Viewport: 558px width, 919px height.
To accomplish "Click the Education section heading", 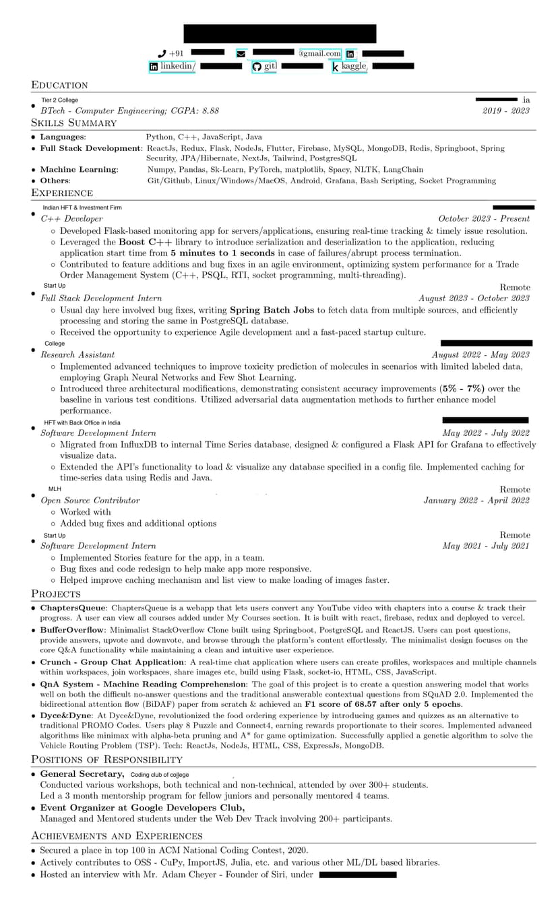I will pyautogui.click(x=59, y=85).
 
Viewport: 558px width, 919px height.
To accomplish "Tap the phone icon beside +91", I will pyautogui.click(x=161, y=53).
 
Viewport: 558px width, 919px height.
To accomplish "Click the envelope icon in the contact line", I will pyautogui.click(x=241, y=53).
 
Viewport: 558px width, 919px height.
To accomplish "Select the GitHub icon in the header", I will pyautogui.click(x=256, y=66).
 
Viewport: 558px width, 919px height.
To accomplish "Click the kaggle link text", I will pyautogui.click(x=354, y=66).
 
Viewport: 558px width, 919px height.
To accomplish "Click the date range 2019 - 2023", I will pyautogui.click(x=505, y=110).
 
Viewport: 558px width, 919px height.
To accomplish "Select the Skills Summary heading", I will pyautogui.click(x=73, y=123).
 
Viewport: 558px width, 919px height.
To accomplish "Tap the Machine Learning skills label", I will pyautogui.click(x=78, y=170).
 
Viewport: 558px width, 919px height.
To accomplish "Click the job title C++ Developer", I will pyautogui.click(x=71, y=218).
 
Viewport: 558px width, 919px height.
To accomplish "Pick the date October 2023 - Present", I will pyautogui.click(x=483, y=218).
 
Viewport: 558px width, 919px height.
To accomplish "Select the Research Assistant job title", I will pyautogui.click(x=77, y=354).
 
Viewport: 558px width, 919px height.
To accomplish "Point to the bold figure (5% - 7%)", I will pyautogui.click(x=462, y=389).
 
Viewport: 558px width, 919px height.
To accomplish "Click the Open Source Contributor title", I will pyautogui.click(x=90, y=501).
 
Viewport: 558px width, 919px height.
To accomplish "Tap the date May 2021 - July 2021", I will pyautogui.click(x=485, y=546).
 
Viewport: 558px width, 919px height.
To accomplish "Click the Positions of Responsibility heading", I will pyautogui.click(x=106, y=759).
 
